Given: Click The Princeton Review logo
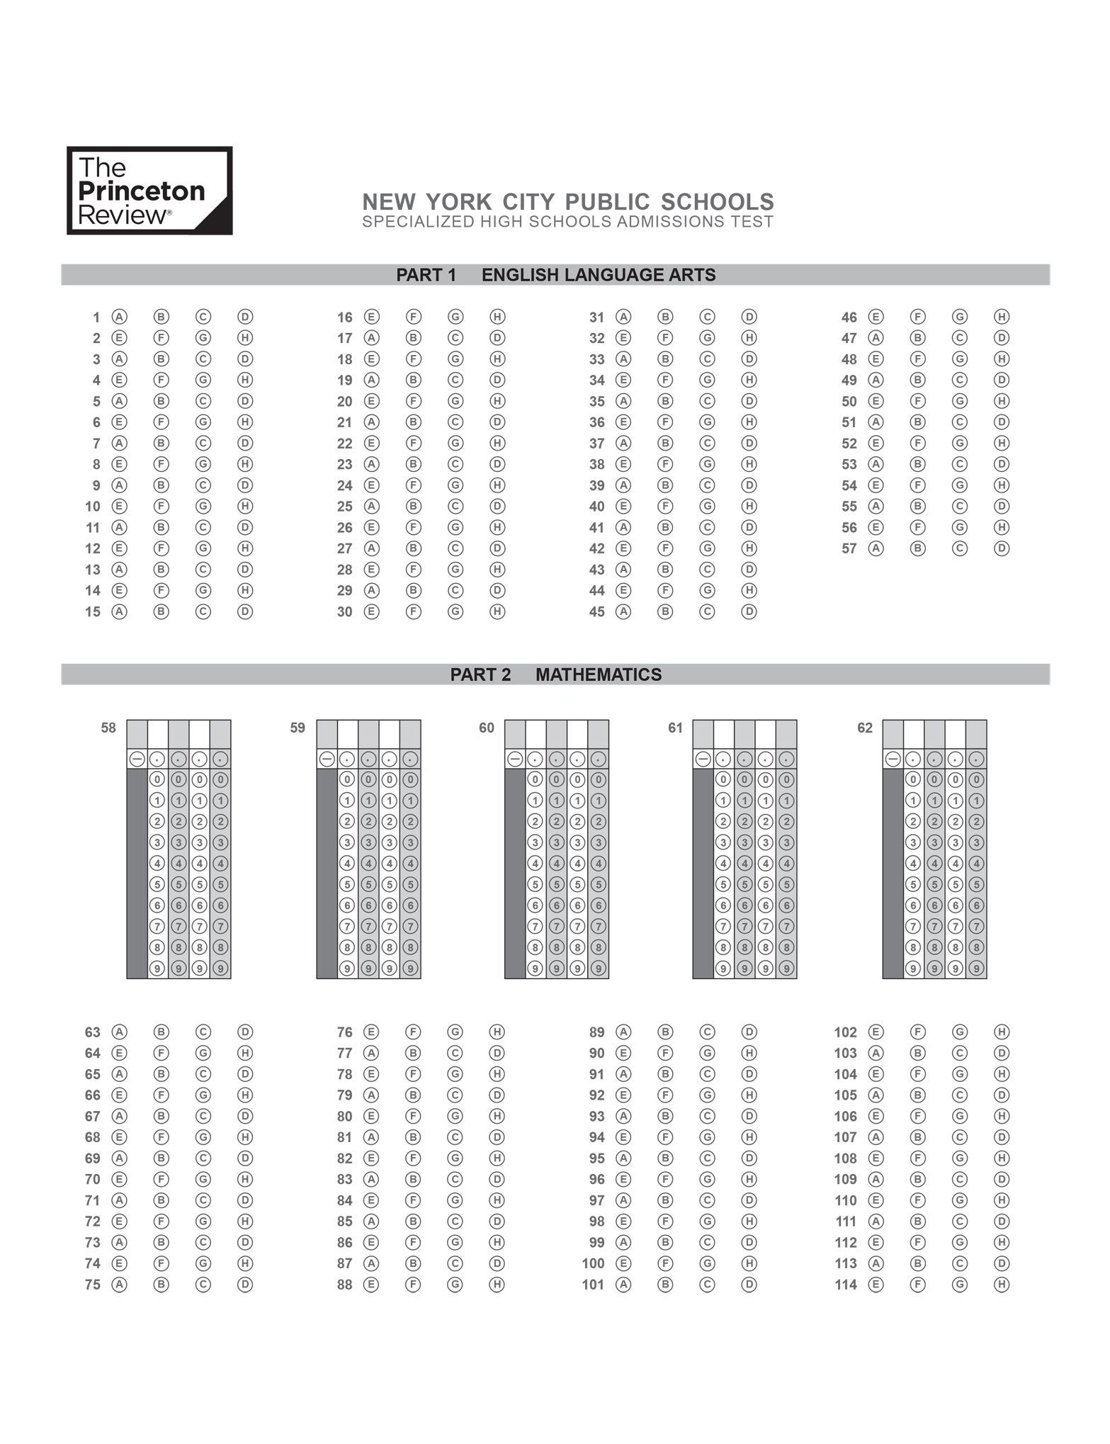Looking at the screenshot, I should pos(149,191).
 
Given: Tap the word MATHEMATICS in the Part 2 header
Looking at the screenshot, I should pos(599,675).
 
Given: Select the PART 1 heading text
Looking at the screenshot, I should pos(426,275).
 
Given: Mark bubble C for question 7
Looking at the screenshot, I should pos(203,444).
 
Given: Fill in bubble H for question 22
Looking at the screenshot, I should pos(497,444).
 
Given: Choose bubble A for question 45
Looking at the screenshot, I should pos(623,611).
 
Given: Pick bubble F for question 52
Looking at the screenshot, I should pos(917,444).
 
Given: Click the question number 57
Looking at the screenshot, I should pos(849,548).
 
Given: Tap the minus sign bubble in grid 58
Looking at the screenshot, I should pos(137,759).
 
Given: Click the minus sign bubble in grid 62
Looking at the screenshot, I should pos(893,759).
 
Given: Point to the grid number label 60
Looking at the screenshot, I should pos(487,728).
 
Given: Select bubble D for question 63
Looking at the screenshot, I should pos(245,1032).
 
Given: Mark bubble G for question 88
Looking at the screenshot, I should pos(455,1285).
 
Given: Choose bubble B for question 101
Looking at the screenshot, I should pos(665,1285).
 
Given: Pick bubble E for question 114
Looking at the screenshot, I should pos(876,1285).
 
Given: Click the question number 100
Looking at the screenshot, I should pos(593,1263).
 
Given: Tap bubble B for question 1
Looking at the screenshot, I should pos(162,317).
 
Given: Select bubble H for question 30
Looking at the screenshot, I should pos(497,611).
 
